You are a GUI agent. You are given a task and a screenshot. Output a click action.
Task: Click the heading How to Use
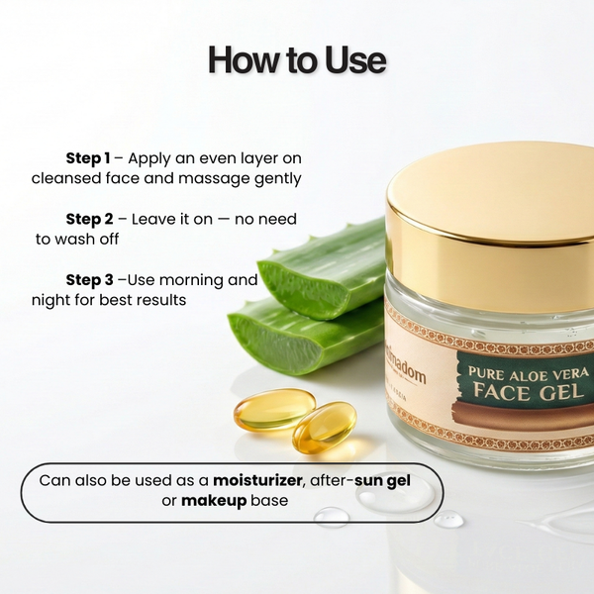(297, 59)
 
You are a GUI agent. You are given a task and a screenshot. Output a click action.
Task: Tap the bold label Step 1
(88, 158)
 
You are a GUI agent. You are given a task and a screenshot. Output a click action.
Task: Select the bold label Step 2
(90, 219)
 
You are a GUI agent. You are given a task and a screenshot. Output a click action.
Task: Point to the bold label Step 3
(90, 280)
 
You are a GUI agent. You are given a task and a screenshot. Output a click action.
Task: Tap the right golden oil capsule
(324, 427)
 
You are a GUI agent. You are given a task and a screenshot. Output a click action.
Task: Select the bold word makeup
(213, 501)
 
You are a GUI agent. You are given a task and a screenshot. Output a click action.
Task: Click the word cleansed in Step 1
(66, 179)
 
